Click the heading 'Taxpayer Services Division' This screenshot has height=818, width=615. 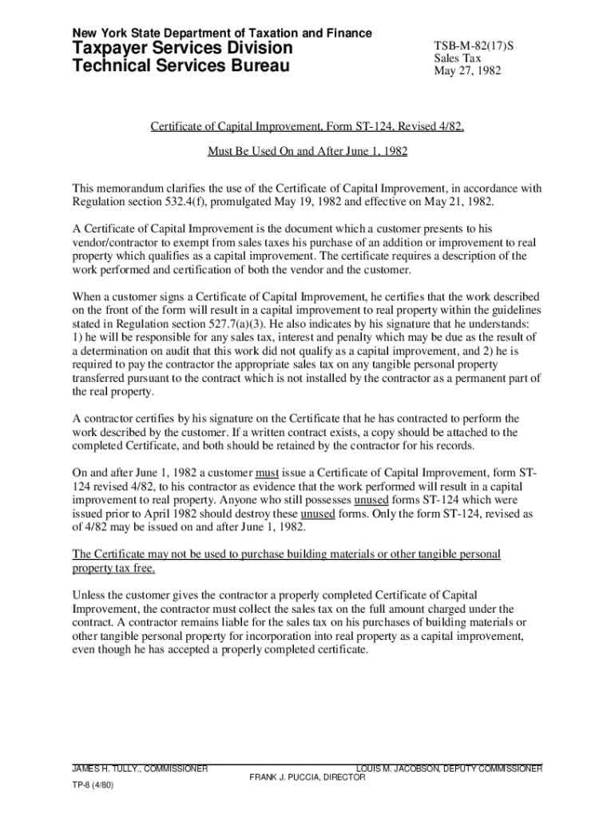pos(183,49)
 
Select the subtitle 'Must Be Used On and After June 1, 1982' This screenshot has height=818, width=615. pos(307,150)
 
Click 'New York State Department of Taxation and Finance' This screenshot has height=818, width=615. pos(222,33)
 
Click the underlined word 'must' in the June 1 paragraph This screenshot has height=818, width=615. pos(267,471)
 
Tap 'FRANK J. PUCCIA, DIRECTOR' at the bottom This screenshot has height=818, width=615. pos(307,777)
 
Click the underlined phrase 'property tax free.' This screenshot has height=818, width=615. pos(114,569)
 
